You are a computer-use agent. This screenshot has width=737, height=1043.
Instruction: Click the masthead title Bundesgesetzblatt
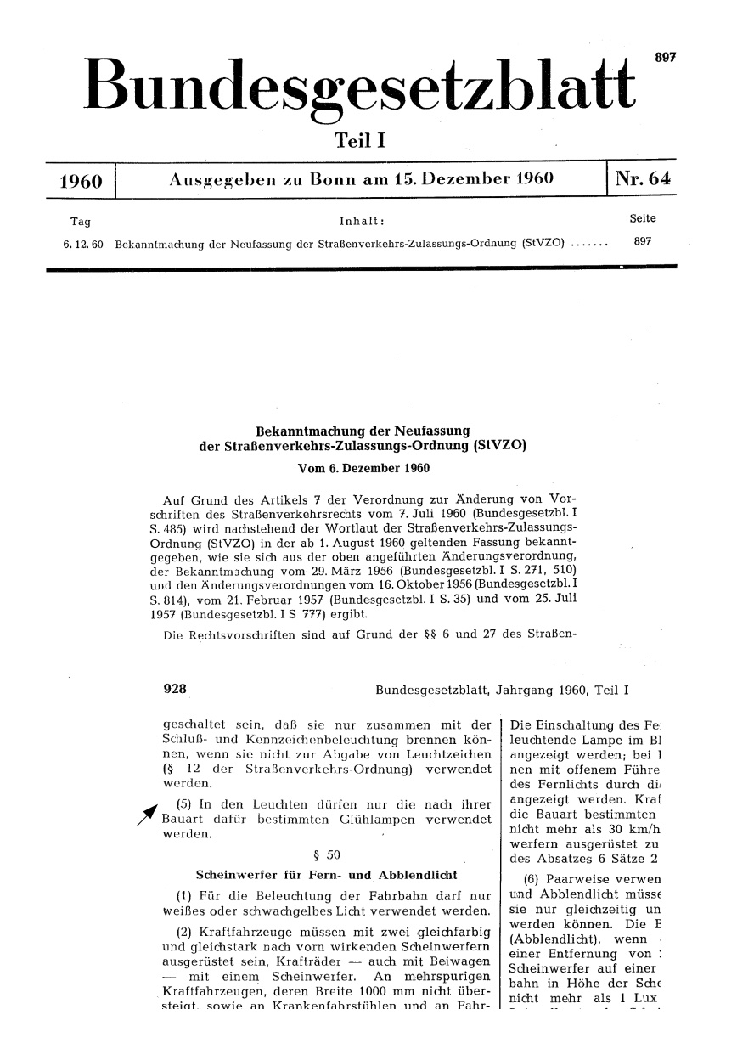361,86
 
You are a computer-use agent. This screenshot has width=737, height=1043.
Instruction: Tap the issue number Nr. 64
643,179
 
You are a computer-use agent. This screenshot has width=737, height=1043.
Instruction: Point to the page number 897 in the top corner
664,56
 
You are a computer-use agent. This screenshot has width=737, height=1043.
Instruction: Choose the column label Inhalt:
363,222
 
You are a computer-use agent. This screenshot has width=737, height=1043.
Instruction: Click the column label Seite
643,219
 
